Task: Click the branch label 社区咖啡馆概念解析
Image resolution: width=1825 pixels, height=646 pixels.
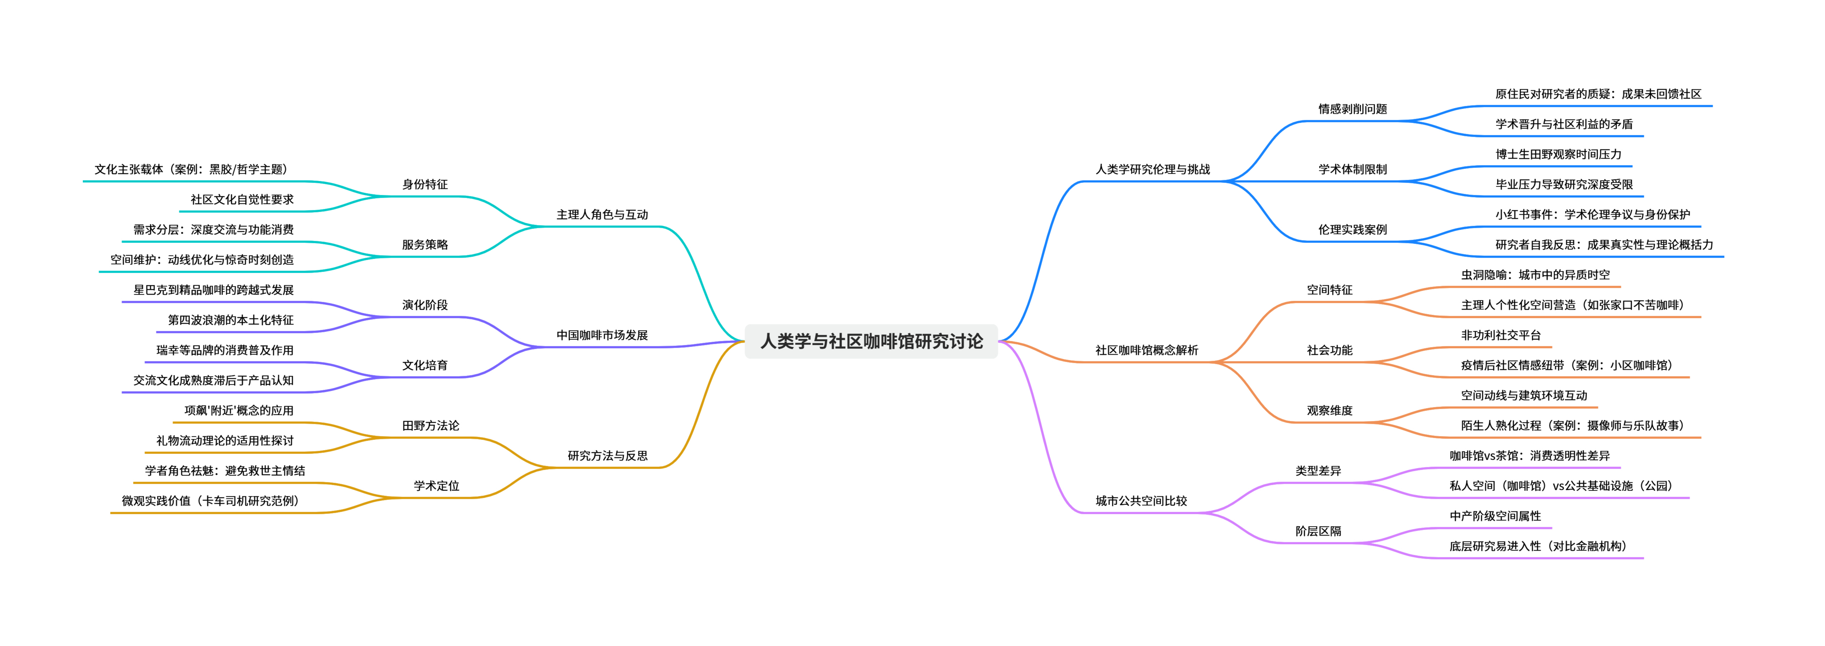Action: tap(1146, 350)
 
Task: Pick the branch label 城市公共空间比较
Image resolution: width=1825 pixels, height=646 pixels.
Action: tap(1141, 501)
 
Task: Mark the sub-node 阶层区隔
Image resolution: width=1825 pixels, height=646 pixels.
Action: tap(1318, 530)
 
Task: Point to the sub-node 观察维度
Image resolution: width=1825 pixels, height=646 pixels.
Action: tap(1329, 410)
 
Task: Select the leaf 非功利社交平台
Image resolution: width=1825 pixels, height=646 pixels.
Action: tap(1501, 335)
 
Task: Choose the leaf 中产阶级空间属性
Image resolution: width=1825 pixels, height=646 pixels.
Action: tap(1495, 515)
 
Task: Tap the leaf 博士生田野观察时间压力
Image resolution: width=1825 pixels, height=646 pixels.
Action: tap(1558, 154)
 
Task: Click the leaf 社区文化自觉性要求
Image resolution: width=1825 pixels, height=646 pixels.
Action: tap(242, 199)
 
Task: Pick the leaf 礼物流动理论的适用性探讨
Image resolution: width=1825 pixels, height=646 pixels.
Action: tap(224, 440)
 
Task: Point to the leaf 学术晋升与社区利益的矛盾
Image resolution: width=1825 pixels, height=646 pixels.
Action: tap(1564, 123)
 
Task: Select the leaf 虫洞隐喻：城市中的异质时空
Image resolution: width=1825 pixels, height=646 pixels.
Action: tap(1535, 275)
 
